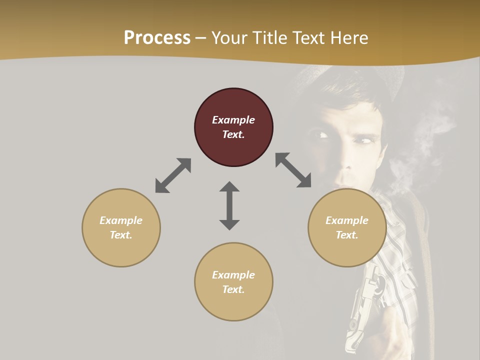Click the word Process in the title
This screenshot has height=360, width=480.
[x=157, y=38]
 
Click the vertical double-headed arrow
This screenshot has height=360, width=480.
[x=229, y=205]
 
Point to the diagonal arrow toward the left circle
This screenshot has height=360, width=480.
[x=173, y=175]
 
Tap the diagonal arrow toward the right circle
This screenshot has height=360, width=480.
[x=293, y=170]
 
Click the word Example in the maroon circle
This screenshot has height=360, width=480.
[x=233, y=120]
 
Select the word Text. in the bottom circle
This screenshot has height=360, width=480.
[x=233, y=289]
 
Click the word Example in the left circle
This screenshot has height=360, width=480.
[x=121, y=220]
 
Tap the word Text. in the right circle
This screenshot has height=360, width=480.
[x=347, y=235]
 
